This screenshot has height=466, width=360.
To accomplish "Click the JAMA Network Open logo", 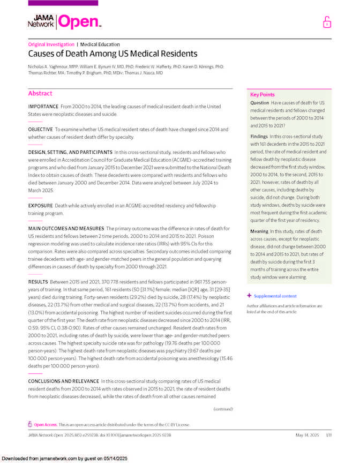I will [64, 21].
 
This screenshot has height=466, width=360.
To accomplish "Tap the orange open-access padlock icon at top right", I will [327, 22].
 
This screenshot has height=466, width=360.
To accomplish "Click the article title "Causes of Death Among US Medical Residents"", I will [112, 54].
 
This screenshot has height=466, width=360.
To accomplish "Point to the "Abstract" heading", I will [40, 93].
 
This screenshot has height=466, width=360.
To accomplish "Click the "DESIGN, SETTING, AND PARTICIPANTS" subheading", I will [70, 152].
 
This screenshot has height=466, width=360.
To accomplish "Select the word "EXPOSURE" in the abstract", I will [40, 205].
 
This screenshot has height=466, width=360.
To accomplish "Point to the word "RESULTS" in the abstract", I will [37, 281].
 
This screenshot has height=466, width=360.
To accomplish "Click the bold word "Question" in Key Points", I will [260, 103].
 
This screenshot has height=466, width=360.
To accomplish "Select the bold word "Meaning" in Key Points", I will [260, 231].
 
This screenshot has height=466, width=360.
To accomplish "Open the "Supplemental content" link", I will [275, 296].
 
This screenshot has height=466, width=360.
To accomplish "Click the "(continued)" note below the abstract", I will [223, 409].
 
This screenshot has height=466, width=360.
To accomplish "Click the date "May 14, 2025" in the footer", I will [306, 435].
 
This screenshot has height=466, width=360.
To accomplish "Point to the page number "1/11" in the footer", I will [328, 435].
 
